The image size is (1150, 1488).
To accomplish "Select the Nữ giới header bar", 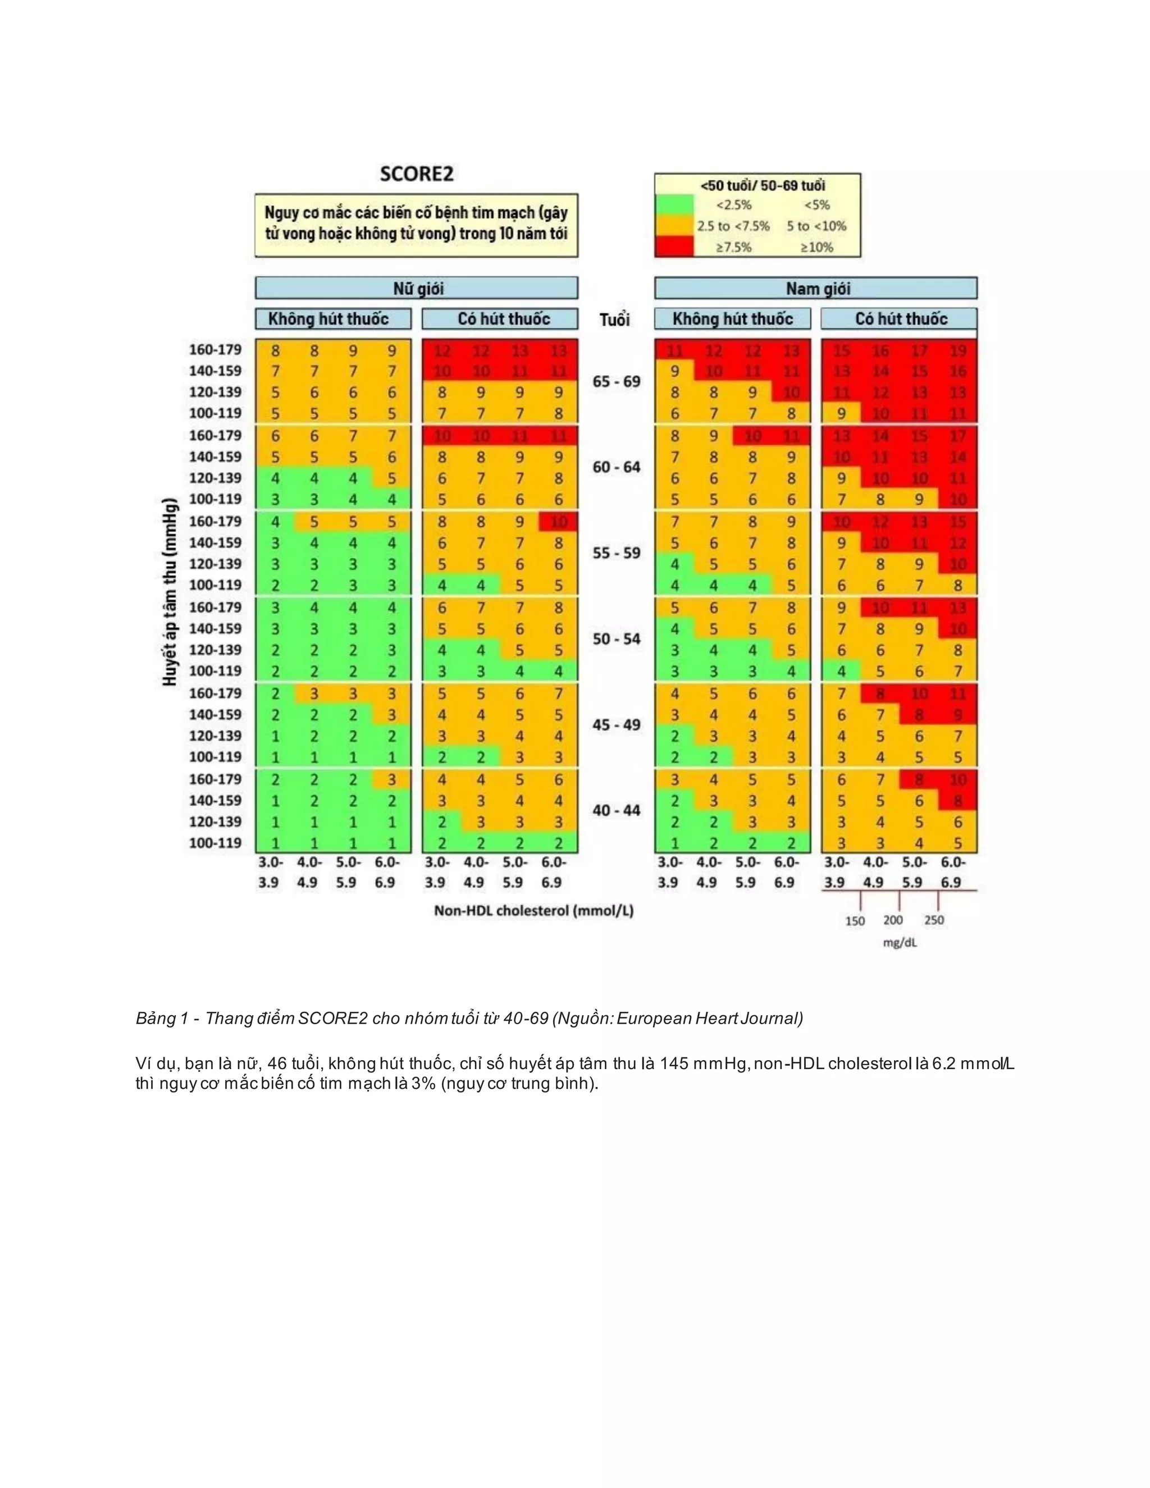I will click(x=416, y=288).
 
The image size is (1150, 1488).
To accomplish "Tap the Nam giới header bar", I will click(x=815, y=288).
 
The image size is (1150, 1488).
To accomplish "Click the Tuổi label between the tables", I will click(x=614, y=319).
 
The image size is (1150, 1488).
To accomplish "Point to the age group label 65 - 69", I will click(x=616, y=381).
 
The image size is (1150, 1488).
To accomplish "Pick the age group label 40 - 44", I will click(x=616, y=811).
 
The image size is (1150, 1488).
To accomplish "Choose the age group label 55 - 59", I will click(x=616, y=553).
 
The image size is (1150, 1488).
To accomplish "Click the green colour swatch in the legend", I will click(x=674, y=205).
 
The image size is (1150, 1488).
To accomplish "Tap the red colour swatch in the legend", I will click(x=674, y=247).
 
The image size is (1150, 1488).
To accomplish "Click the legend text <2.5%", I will click(x=733, y=205).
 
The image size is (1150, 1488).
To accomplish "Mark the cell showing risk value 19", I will click(x=958, y=351).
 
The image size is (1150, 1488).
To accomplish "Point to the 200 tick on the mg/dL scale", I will click(x=893, y=920).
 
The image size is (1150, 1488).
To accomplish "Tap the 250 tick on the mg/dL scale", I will click(x=934, y=920).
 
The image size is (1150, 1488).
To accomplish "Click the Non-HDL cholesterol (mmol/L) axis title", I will click(x=533, y=911).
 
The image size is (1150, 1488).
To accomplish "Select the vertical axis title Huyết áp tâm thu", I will click(x=170, y=593).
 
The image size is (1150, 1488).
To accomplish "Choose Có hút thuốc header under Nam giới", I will click(x=901, y=319).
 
